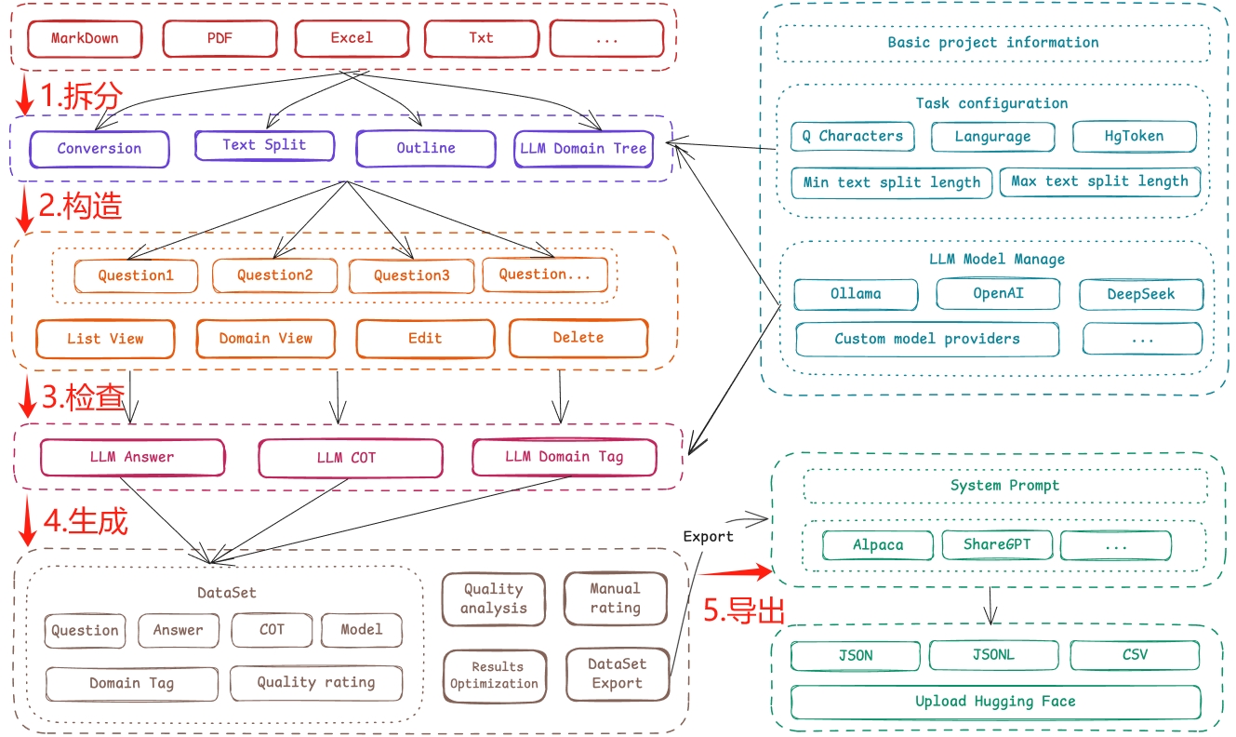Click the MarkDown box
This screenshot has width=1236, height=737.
tap(85, 39)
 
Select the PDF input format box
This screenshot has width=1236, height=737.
tap(220, 39)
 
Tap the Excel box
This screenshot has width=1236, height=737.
tap(352, 39)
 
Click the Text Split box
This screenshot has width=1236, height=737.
tap(264, 145)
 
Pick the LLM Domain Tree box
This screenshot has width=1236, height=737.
tap(583, 149)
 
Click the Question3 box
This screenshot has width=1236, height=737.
tap(411, 275)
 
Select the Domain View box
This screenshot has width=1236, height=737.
tap(265, 339)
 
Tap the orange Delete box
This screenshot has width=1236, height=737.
tap(578, 338)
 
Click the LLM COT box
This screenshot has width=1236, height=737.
tap(350, 458)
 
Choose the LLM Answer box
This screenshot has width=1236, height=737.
tap(132, 457)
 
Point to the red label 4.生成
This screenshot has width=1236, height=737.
tap(85, 521)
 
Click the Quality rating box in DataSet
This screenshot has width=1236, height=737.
tap(316, 683)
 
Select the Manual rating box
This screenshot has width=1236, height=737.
tap(615, 598)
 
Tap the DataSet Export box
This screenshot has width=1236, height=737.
tap(617, 674)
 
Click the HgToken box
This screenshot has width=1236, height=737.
tap(1134, 136)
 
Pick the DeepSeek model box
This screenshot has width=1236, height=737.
tap(1140, 294)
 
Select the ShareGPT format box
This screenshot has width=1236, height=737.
tap(995, 544)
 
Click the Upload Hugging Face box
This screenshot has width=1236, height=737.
tap(995, 702)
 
